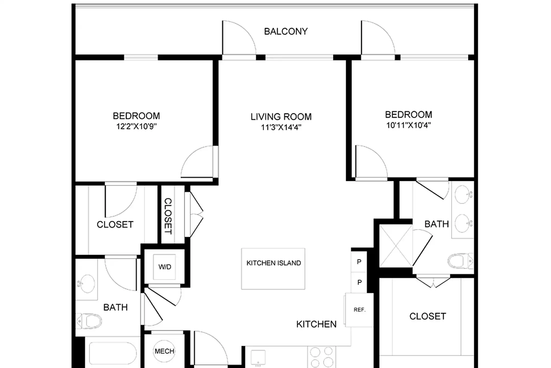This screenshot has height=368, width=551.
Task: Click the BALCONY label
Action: (286, 31)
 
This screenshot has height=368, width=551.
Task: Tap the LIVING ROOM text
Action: (281, 117)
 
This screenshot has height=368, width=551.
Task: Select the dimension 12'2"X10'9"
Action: (136, 126)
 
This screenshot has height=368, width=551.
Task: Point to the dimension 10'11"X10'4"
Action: (408, 125)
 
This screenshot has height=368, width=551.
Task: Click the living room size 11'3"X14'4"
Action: (281, 127)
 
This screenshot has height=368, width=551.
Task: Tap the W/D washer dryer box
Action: (164, 267)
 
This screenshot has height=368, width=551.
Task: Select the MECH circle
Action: (164, 351)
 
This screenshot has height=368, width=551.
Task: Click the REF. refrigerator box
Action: (359, 310)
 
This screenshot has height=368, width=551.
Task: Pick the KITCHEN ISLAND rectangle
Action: (273, 269)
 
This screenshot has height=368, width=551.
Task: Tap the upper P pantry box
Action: (359, 262)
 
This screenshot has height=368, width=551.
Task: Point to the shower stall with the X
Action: (396, 246)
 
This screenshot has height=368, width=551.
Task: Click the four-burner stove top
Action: (322, 357)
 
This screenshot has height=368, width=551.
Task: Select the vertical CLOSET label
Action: (168, 216)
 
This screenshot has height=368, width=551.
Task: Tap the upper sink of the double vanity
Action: (462, 194)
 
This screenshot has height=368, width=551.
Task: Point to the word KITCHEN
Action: (316, 324)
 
